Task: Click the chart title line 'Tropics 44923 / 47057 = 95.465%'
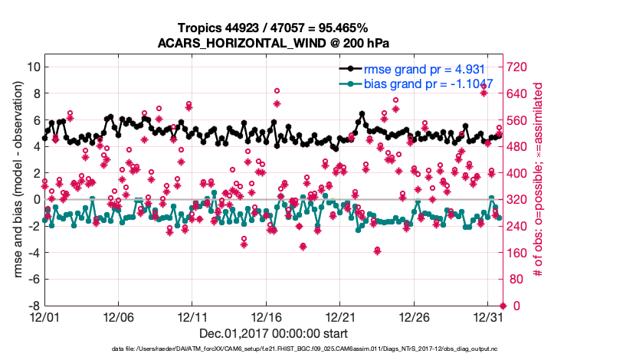[x=273, y=28]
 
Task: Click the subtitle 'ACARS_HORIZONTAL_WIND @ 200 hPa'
[x=273, y=42]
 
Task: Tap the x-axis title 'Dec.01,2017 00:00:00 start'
[x=273, y=333]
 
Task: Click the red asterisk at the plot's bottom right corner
[x=503, y=306]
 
